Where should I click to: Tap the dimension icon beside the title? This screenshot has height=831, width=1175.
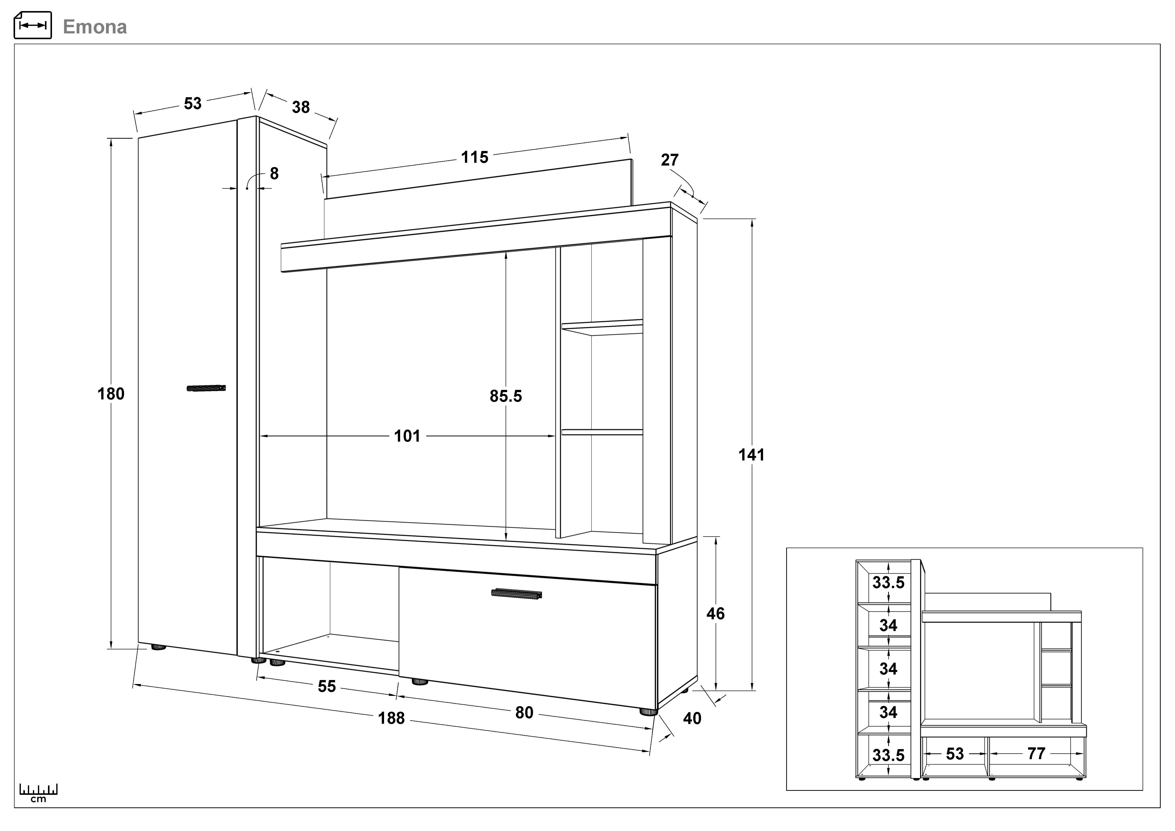point(33,25)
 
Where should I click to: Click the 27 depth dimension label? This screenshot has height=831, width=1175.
point(669,160)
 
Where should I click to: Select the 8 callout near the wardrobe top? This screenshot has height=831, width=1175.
point(274,174)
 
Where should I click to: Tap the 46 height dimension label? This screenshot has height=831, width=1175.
point(715,613)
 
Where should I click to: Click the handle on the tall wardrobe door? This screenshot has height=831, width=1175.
point(206,388)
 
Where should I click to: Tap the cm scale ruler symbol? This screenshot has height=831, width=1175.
point(38,792)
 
